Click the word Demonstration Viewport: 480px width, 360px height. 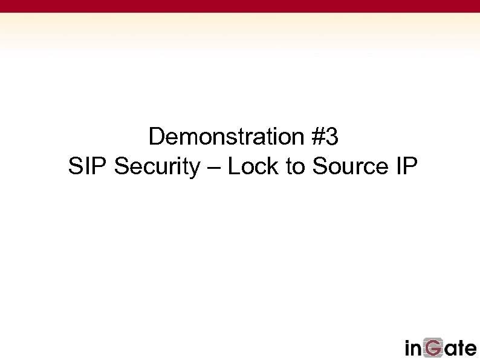[x=225, y=137]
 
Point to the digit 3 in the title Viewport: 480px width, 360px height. [x=332, y=137]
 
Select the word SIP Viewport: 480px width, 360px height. [x=88, y=166]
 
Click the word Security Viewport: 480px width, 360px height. [x=157, y=167]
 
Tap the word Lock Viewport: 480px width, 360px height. [x=253, y=166]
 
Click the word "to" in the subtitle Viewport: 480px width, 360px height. [x=296, y=167]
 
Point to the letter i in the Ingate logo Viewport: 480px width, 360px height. [x=408, y=349]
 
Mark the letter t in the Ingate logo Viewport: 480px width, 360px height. [x=459, y=349]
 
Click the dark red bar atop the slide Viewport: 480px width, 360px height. [x=240, y=6]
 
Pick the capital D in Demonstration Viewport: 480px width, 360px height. [x=156, y=137]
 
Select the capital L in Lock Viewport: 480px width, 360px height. [x=233, y=166]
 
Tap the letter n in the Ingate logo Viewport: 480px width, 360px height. [x=417, y=350]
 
